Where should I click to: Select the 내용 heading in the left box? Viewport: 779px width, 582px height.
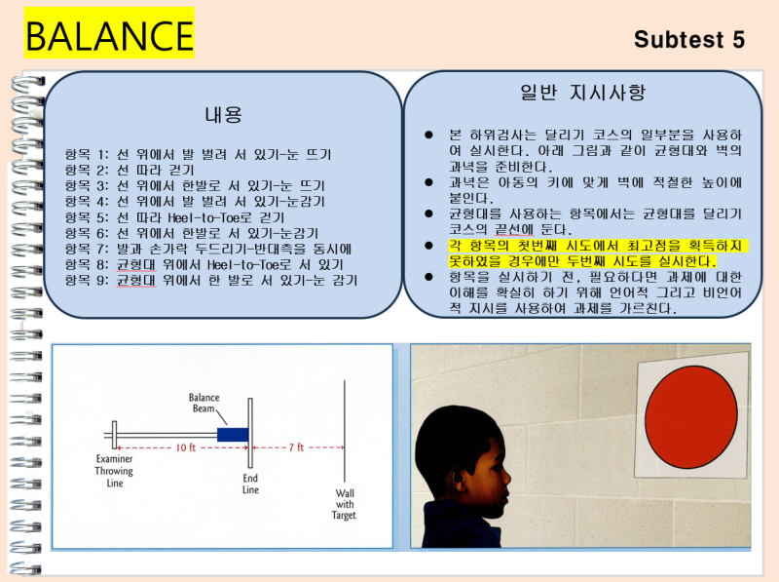click(x=223, y=114)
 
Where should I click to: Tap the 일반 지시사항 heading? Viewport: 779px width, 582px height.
click(x=582, y=94)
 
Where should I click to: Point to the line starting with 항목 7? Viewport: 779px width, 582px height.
click(x=208, y=248)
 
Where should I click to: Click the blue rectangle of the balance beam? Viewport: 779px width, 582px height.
click(x=232, y=434)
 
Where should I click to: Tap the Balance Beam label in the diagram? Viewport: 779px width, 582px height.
click(x=206, y=404)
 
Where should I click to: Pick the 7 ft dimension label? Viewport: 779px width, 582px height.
click(x=295, y=447)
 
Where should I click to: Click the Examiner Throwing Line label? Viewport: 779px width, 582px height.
click(x=115, y=471)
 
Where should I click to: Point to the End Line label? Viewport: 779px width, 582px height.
click(x=250, y=484)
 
